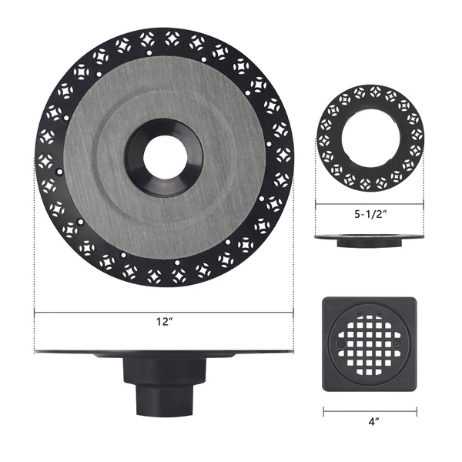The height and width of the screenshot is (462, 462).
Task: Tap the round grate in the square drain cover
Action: [370, 344]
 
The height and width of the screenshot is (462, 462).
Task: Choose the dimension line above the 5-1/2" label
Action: [370, 205]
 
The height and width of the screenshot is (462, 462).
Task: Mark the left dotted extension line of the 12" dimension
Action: [35, 254]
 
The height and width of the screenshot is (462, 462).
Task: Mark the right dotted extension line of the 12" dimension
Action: [293, 254]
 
